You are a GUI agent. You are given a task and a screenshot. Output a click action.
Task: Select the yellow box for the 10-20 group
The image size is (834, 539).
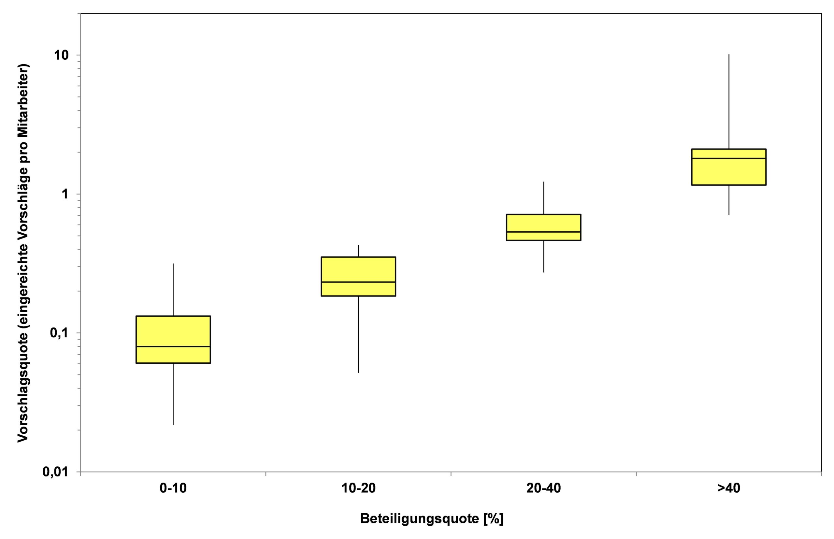click(x=358, y=269)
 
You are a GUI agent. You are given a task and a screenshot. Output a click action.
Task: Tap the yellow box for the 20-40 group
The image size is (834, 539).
click(x=544, y=223)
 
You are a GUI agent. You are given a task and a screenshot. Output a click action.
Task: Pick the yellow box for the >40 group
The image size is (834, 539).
click(x=729, y=171)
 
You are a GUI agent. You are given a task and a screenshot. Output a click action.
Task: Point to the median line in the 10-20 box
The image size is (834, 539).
click(x=358, y=282)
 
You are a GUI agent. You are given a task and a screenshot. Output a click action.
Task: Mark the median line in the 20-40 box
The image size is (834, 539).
click(x=544, y=232)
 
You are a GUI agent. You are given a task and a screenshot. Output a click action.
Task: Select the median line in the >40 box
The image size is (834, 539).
click(x=729, y=158)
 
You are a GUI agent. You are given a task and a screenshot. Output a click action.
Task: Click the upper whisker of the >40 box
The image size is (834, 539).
click(x=729, y=101)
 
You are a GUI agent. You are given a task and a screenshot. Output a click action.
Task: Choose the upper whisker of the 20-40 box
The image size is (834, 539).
click(x=544, y=198)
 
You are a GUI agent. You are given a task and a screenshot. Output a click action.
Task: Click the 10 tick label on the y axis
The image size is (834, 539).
click(x=61, y=55)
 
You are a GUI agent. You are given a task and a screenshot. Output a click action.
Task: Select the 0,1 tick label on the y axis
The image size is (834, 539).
click(x=59, y=333)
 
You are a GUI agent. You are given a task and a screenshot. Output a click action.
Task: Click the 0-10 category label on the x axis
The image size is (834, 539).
click(x=173, y=488)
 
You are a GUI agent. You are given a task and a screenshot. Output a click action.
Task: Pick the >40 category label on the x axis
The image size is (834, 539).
click(x=729, y=488)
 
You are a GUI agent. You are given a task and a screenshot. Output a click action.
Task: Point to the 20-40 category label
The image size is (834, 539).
click(x=544, y=488)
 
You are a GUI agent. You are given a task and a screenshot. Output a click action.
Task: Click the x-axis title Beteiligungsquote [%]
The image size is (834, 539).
click(x=432, y=519)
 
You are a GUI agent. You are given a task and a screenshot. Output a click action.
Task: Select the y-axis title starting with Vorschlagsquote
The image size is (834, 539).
click(x=23, y=253)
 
